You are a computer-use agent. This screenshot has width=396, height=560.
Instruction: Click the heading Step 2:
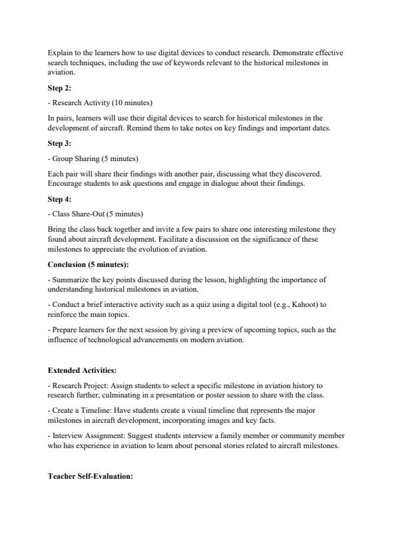point(60,88)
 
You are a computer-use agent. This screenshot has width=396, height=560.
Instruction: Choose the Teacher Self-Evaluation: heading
point(91,476)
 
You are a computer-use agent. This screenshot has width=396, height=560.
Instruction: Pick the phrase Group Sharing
point(76,158)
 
